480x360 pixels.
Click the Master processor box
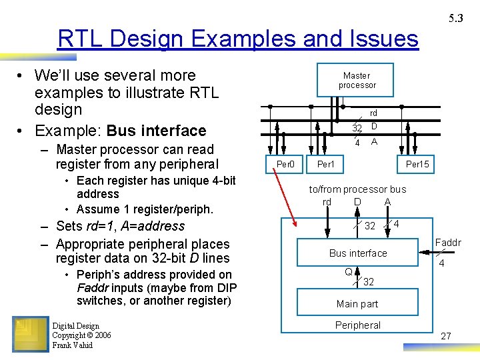coord(357,80)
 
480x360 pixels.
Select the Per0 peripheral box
coord(285,164)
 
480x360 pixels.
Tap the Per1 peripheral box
coord(326,164)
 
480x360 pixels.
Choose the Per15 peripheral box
coord(417,164)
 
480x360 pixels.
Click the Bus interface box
coord(358,253)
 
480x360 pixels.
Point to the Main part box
coord(357,303)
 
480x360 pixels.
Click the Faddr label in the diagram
coord(448,243)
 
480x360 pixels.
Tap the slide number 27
coord(446,336)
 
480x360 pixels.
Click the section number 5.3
coord(456,19)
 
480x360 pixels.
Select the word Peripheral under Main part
coord(358,325)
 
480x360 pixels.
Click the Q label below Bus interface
coord(348,271)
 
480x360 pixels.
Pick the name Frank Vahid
coord(73,345)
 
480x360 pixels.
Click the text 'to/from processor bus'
coord(357,189)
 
